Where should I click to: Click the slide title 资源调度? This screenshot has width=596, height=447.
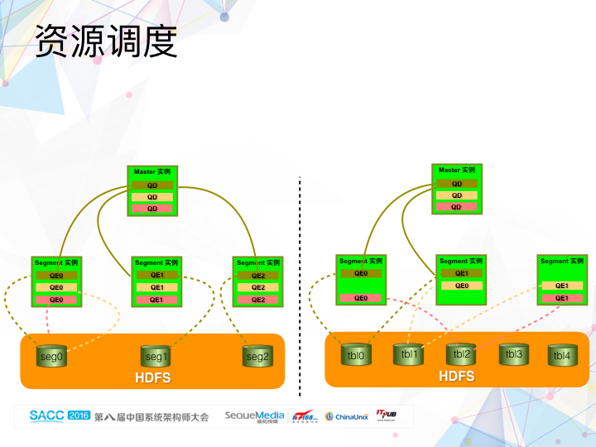(x=106, y=42)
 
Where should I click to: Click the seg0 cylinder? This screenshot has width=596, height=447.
(x=51, y=357)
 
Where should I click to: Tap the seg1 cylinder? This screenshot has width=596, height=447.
(x=156, y=357)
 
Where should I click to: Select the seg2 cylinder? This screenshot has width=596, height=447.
(x=257, y=357)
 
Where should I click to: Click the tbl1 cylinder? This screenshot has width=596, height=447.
(x=409, y=354)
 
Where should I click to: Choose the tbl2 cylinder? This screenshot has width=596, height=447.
(x=461, y=354)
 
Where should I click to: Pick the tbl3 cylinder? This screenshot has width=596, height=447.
(x=513, y=354)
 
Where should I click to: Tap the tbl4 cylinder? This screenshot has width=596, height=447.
(x=562, y=356)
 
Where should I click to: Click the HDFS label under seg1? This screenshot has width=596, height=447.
(x=152, y=378)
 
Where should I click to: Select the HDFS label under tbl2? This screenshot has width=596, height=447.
(x=456, y=376)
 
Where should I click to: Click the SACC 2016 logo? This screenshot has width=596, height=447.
(x=59, y=416)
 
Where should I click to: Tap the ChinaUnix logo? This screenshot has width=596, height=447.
(x=346, y=416)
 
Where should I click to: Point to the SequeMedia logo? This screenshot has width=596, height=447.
(x=254, y=416)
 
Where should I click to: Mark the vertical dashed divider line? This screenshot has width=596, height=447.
(x=300, y=281)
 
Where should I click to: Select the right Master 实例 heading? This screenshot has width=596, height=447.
(x=456, y=171)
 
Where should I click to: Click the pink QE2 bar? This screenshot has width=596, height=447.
(x=257, y=300)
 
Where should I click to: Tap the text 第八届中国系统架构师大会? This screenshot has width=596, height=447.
(x=152, y=416)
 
